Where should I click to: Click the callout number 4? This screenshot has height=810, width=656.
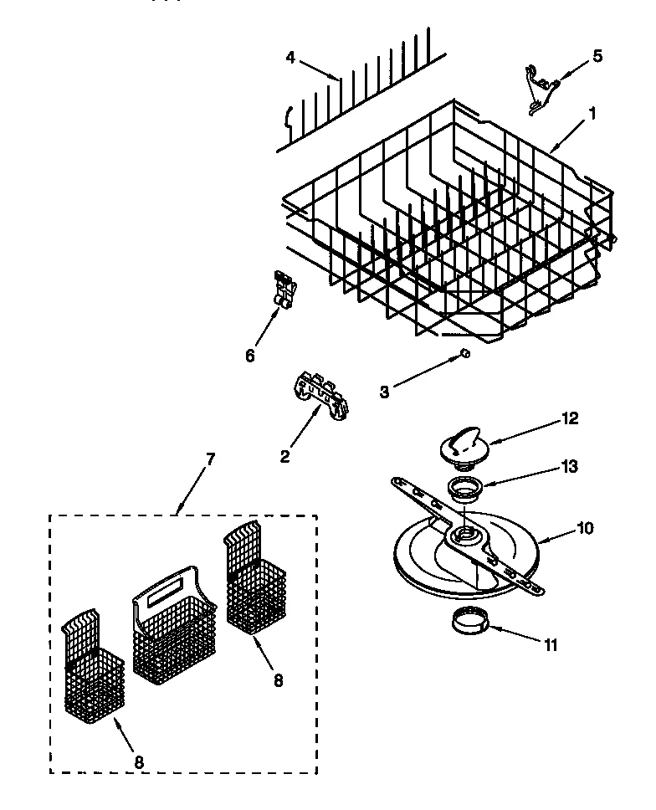point(290,58)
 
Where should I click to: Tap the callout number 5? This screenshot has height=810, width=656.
point(597,56)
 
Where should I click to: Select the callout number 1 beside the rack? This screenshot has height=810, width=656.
point(593,113)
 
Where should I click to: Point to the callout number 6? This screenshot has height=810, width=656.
point(249,355)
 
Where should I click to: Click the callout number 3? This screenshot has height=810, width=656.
point(384,391)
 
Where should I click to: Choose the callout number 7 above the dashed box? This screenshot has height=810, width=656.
point(210,459)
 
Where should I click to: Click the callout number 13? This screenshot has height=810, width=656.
point(571,467)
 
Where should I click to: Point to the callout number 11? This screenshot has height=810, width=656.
point(549,644)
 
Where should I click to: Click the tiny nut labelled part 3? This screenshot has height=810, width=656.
point(465,355)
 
